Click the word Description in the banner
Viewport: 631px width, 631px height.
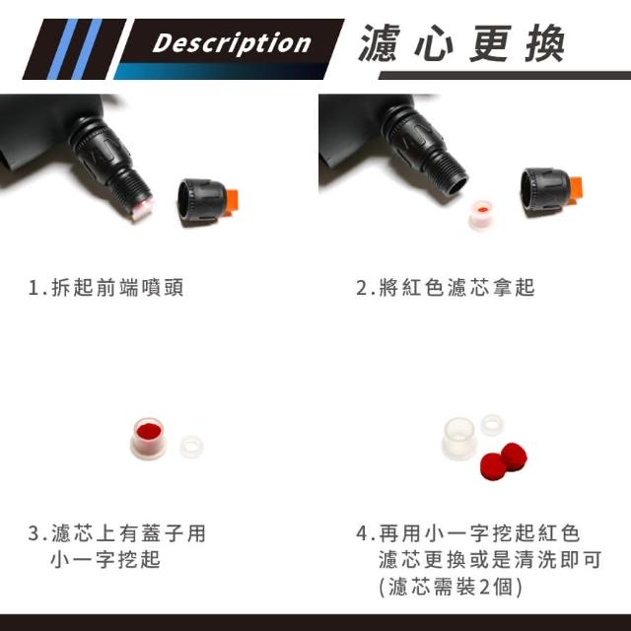(232, 43)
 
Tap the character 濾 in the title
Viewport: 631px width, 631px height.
(379, 43)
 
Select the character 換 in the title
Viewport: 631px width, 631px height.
(544, 43)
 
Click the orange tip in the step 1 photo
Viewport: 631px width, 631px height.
(233, 202)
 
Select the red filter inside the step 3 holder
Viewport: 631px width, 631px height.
(149, 432)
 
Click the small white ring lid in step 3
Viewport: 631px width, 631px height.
(191, 446)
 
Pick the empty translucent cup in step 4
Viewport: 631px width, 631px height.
(458, 439)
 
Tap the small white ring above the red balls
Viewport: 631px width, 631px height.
(493, 425)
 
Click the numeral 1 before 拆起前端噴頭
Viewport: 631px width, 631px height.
(34, 287)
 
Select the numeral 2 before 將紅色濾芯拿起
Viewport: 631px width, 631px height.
(362, 287)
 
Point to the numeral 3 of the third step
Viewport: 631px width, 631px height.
(34, 533)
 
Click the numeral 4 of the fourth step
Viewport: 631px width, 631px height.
(362, 533)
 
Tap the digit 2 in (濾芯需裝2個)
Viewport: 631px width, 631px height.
(485, 587)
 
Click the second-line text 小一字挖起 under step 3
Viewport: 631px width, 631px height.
(105, 559)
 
